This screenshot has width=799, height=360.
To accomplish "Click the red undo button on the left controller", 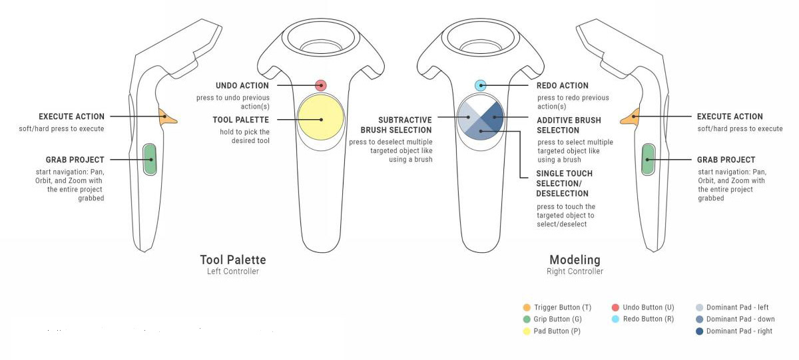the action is click(x=321, y=85).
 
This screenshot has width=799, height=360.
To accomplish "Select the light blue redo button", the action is click(x=481, y=85).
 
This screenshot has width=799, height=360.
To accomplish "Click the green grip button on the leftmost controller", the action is click(x=150, y=160).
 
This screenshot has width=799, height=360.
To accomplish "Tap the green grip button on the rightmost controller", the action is click(x=648, y=160).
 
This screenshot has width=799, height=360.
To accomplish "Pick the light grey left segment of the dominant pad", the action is click(x=468, y=116).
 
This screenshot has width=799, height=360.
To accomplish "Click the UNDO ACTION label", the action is click(x=242, y=86).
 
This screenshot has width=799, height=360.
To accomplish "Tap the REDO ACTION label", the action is click(x=563, y=86).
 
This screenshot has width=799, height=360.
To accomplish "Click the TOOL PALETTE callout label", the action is click(x=241, y=120).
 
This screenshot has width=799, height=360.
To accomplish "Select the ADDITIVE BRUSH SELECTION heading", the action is click(x=569, y=125).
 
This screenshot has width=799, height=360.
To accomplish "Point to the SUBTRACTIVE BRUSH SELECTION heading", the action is click(x=396, y=125).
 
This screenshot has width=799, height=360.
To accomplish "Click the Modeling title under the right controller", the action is click(x=575, y=260).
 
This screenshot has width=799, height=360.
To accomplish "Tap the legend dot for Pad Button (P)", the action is click(x=527, y=331).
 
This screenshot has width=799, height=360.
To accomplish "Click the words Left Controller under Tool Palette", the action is click(x=232, y=271).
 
